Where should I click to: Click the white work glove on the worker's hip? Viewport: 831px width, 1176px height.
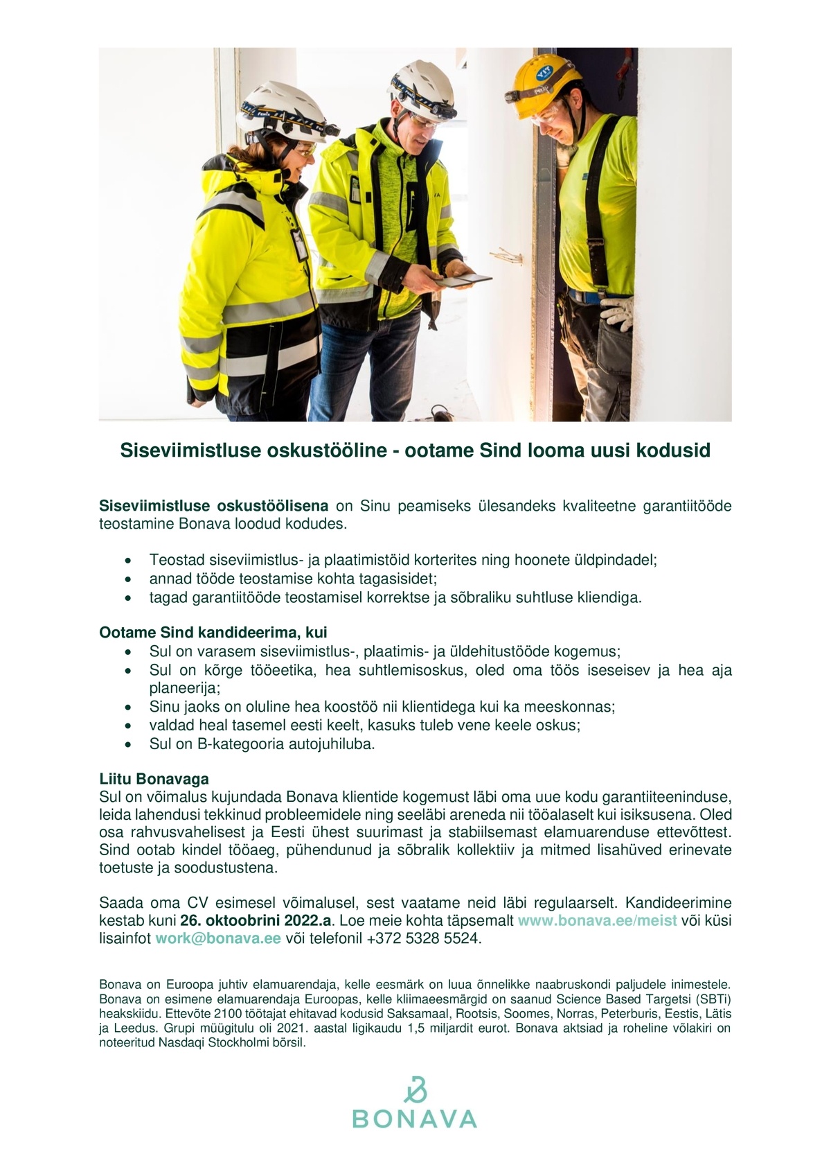click(617, 313)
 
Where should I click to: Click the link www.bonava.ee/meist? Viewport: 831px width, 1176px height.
click(597, 921)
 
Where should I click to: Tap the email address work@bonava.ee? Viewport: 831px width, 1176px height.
click(218, 939)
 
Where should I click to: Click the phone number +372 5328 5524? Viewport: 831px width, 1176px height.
click(422, 939)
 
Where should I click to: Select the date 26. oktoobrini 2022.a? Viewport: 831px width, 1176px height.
click(257, 921)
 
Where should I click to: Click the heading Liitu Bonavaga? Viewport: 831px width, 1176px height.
click(154, 779)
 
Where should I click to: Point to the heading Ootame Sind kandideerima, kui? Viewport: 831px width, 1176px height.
click(213, 632)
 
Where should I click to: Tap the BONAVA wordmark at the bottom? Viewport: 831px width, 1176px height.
click(415, 1118)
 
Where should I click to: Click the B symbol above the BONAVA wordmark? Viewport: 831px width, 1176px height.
click(415, 1089)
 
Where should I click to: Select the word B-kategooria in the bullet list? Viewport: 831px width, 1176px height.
click(220, 744)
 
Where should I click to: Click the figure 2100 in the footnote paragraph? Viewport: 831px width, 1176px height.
click(226, 1014)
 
